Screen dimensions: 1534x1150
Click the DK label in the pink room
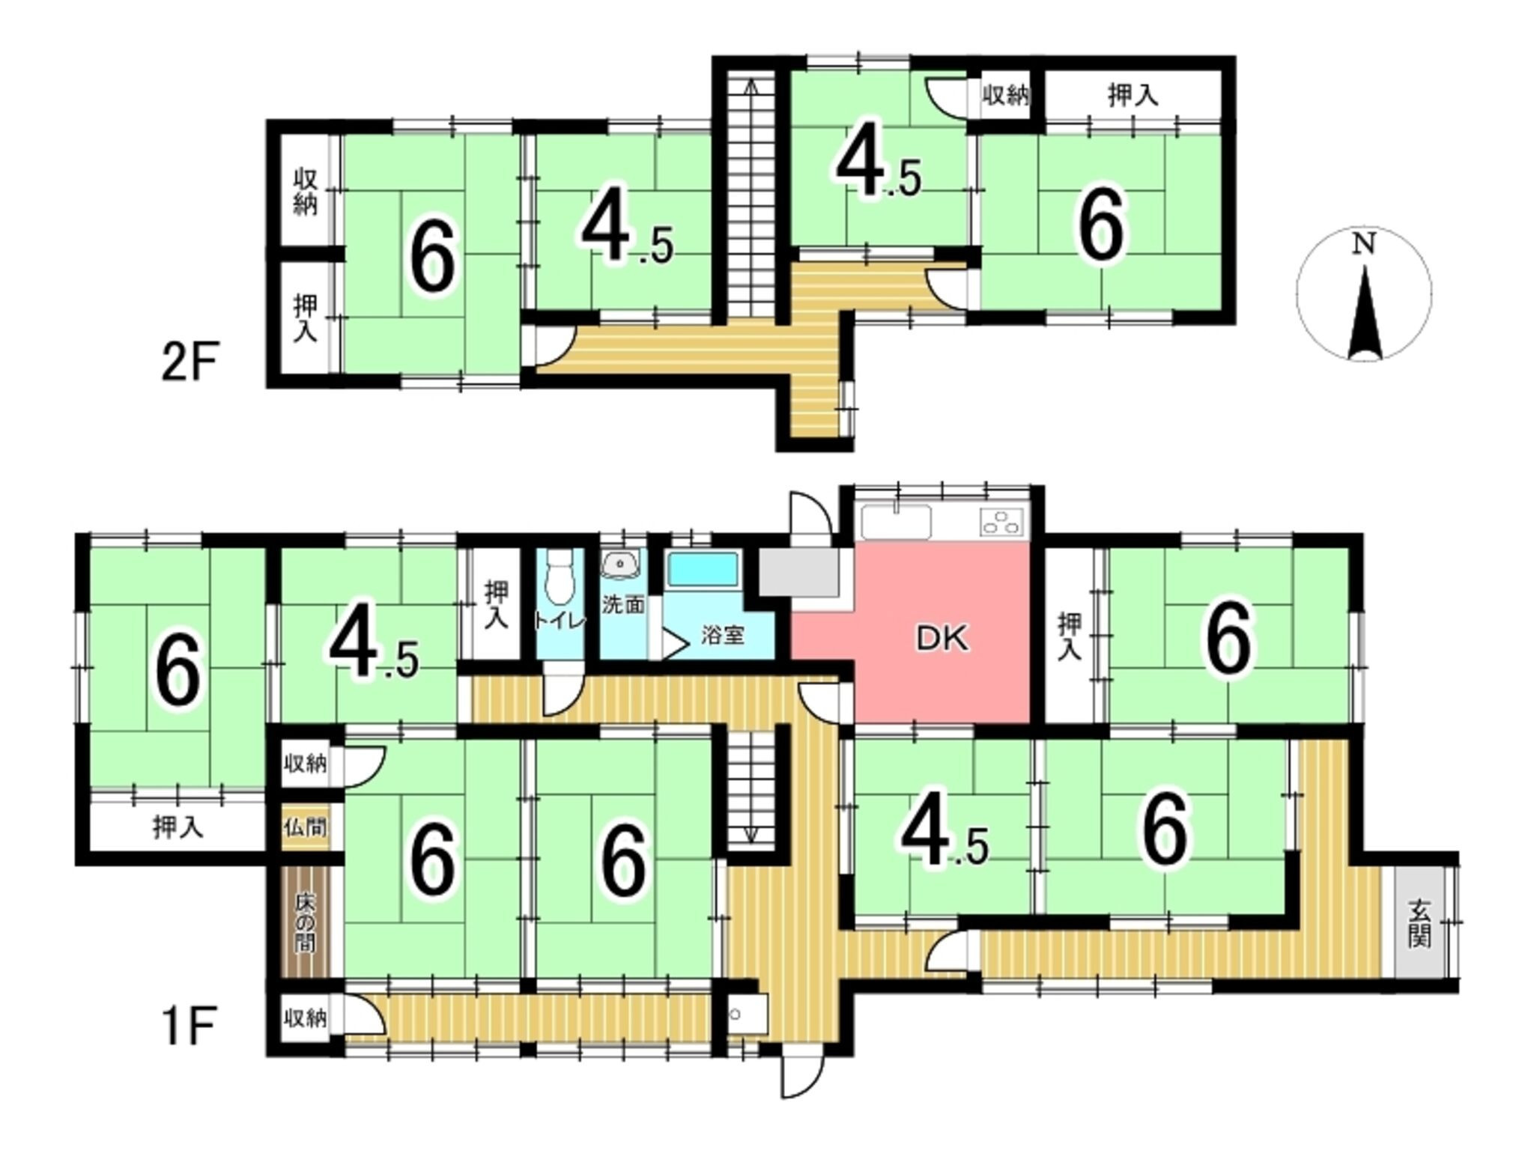tap(942, 639)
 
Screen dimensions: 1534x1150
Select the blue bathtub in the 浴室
tap(703, 571)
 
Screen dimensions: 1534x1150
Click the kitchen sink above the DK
tap(897, 521)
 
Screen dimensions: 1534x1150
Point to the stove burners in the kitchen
tap(1003, 522)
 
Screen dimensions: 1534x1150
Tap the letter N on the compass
tap(1364, 243)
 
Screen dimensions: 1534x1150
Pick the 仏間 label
tap(305, 828)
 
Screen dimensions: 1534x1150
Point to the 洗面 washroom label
tap(623, 604)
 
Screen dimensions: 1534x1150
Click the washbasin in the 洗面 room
tap(621, 564)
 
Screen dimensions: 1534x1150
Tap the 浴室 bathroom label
tap(723, 636)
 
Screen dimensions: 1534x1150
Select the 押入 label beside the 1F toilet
tap(495, 604)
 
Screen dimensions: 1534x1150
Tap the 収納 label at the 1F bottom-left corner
tap(305, 1018)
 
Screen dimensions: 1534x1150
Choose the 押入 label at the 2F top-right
tap(1133, 96)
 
